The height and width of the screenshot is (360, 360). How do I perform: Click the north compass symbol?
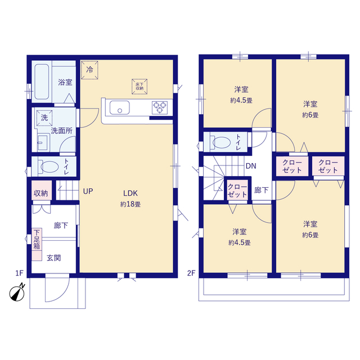click(17, 293)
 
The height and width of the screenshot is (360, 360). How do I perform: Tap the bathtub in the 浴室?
click(42, 82)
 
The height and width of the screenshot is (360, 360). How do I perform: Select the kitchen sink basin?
click(119, 107)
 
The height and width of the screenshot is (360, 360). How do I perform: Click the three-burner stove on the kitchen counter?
click(160, 107)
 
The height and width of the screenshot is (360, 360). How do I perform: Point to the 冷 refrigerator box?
click(89, 70)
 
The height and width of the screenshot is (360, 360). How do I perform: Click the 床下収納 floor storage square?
click(139, 87)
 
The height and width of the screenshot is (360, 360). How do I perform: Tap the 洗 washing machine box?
click(44, 118)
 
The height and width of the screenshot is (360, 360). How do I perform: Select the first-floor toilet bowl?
click(49, 166)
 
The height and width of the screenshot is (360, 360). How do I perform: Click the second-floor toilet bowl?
click(221, 142)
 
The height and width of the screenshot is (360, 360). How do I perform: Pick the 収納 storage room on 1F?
click(41, 190)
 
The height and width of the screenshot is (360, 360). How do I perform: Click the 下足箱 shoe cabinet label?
click(37, 239)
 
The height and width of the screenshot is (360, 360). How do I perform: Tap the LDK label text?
click(130, 193)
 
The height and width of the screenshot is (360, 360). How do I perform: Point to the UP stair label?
click(88, 191)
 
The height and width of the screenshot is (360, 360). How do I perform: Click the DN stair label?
click(251, 166)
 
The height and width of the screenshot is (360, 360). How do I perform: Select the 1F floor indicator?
click(20, 273)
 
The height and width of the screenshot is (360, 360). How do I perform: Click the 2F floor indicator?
click(191, 273)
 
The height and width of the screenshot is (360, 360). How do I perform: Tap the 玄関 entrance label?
click(54, 258)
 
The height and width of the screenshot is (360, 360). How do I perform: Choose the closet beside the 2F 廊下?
click(237, 191)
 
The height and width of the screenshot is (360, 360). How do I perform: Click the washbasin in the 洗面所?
click(43, 143)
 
